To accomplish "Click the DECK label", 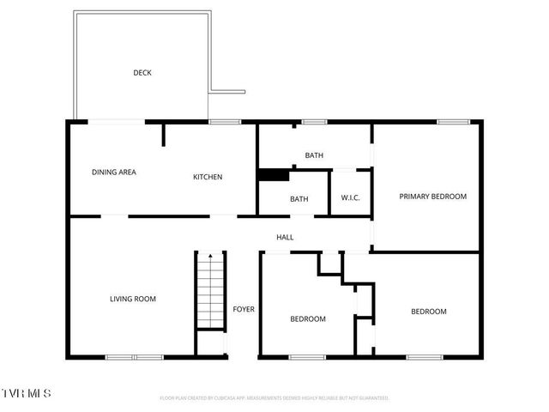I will [x=142, y=73].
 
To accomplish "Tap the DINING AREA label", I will [x=114, y=173].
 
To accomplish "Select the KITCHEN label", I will [x=208, y=177].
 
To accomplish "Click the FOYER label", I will [x=244, y=309].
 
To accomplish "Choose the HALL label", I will [x=285, y=237].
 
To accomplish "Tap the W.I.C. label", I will [x=350, y=199].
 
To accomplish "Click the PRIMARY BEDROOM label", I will [x=433, y=197].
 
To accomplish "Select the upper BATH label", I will [x=314, y=155].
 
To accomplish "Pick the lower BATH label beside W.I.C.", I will [x=299, y=199].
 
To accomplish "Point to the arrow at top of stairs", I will [x=209, y=257].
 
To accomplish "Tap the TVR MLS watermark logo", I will [x=26, y=393].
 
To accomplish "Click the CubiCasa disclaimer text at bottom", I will [x=274, y=398].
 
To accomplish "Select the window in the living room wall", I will [x=135, y=356].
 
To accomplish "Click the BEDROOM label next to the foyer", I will [x=308, y=319].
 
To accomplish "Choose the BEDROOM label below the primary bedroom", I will [x=428, y=312].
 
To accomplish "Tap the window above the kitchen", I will [x=225, y=122].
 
